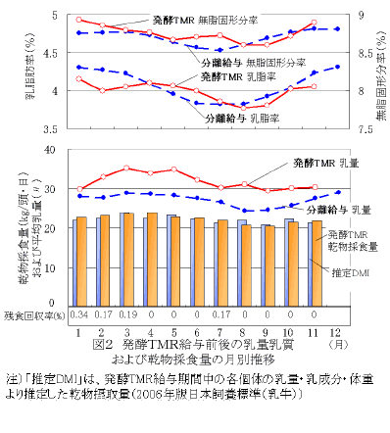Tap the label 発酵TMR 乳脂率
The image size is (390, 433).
click(235, 75)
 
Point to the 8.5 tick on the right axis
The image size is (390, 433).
click(361, 53)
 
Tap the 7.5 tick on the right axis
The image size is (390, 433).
click(361, 127)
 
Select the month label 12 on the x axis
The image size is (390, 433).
click(338, 332)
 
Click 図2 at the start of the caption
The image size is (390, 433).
click(101, 346)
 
